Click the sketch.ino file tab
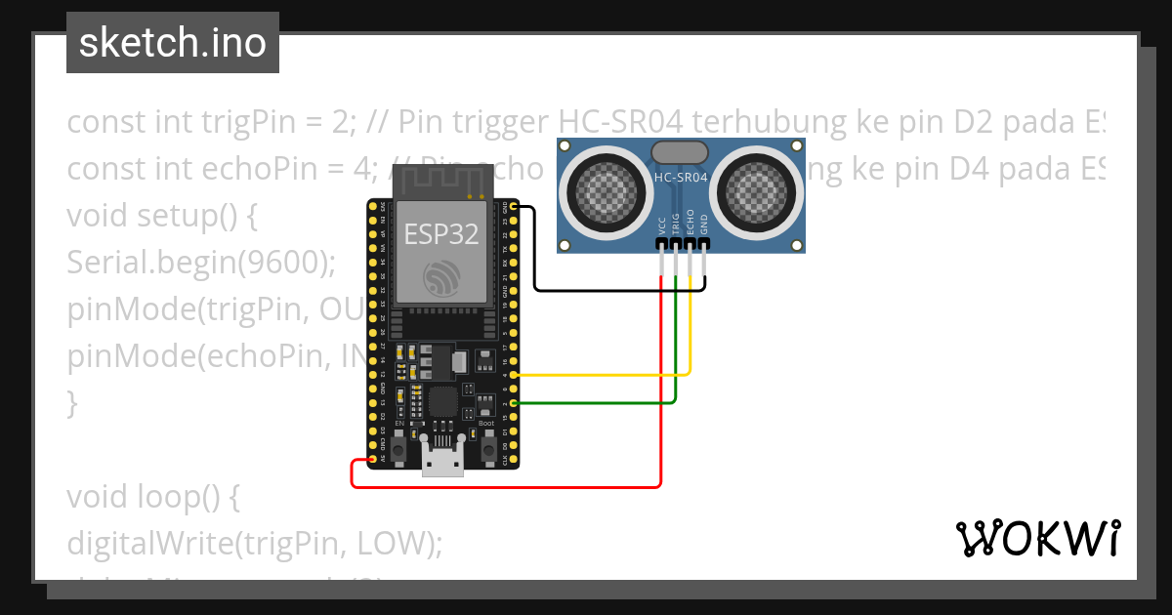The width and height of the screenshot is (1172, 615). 173,43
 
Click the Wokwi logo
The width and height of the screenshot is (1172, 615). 1037,538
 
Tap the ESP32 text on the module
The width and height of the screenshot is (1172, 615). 442,234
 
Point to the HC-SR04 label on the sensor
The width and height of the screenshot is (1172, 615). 681,178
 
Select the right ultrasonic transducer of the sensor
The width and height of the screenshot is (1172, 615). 756,188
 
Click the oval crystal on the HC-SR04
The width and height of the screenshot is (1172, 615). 680,151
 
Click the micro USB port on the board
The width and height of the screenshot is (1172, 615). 442,461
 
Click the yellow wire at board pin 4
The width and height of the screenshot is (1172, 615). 586,374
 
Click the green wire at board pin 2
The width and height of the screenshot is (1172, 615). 586,402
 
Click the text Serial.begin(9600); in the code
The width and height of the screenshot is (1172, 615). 201,262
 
